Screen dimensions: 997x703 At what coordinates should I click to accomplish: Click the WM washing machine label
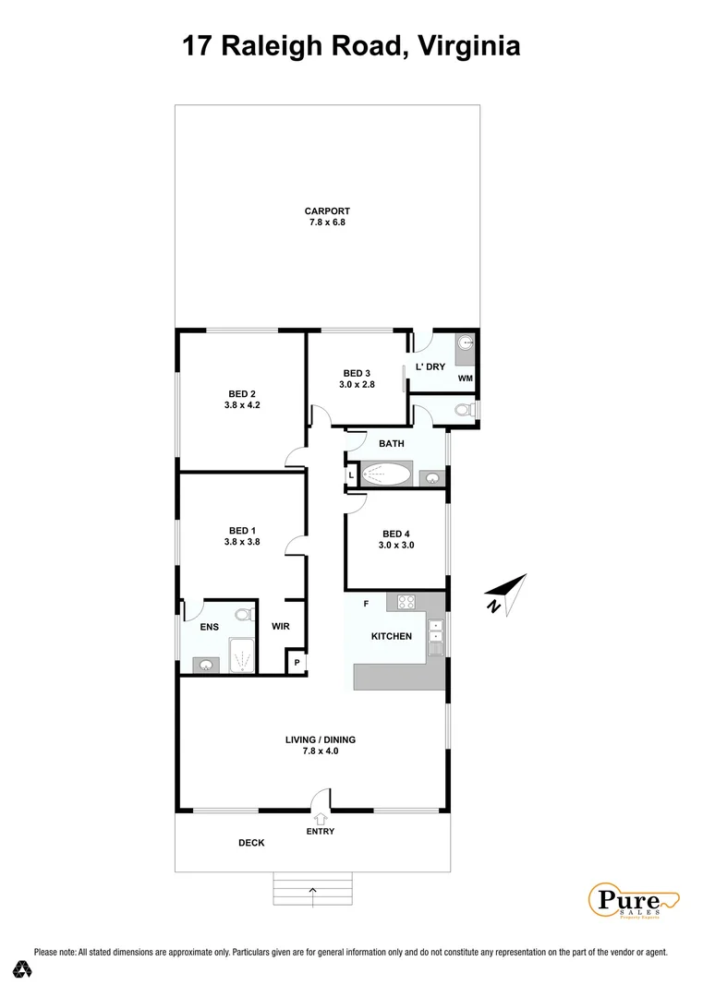tap(465, 378)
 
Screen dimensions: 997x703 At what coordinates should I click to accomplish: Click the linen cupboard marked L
tap(351, 475)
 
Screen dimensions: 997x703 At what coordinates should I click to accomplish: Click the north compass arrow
tap(507, 592)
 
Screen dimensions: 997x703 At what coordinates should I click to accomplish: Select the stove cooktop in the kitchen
tap(406, 602)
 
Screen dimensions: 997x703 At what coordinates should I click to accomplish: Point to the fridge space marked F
tap(367, 604)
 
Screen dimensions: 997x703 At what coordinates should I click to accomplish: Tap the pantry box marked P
tap(297, 663)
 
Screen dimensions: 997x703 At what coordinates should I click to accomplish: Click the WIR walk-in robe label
tap(281, 627)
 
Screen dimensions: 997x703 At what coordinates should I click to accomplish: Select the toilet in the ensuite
tap(244, 614)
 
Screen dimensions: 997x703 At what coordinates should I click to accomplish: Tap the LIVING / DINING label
tap(321, 739)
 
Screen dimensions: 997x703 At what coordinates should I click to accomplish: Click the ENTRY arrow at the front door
tap(321, 817)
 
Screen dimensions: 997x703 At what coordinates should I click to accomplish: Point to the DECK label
tap(251, 842)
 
